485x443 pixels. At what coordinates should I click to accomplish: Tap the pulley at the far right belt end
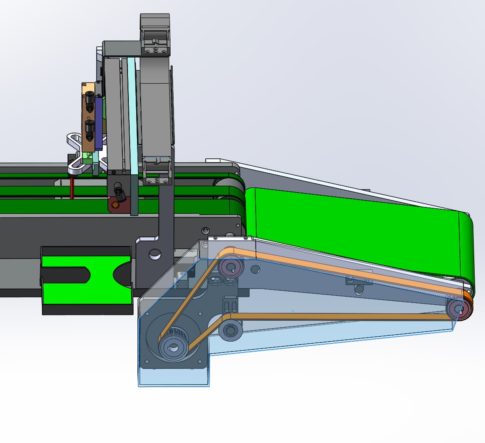pos(458,309)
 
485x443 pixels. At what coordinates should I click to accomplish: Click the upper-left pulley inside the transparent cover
pos(231,268)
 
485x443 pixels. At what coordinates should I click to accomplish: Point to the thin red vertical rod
pos(72,188)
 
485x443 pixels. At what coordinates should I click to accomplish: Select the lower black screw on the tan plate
pos(89,128)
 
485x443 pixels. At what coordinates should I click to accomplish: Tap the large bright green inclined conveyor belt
pos(357,230)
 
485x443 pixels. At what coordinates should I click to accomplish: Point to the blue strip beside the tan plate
pos(99,123)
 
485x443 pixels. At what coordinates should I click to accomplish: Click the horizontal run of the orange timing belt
pos(336,316)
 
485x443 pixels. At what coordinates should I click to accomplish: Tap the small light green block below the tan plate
pos(87,155)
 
